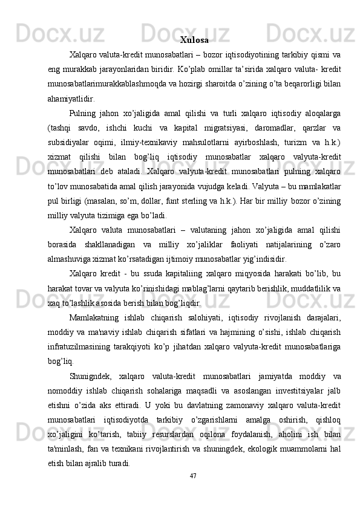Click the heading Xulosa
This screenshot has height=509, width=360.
tap(194, 41)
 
